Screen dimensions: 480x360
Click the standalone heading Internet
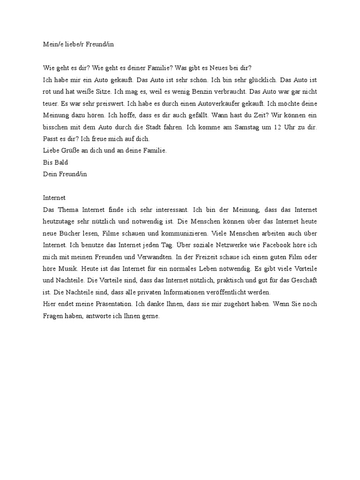[x=54, y=198]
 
